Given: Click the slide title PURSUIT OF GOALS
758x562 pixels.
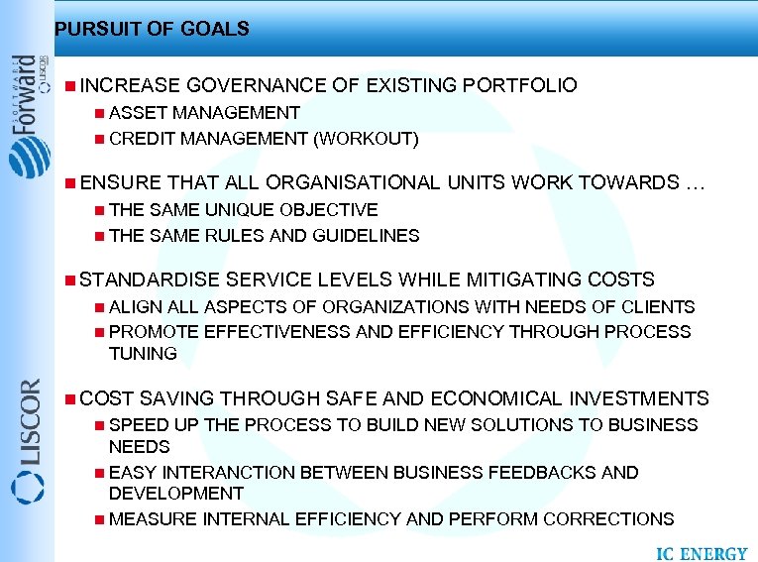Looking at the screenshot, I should point(152,29).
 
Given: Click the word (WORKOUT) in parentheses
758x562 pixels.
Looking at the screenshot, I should point(366,139).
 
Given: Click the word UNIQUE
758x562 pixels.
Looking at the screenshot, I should point(239,210).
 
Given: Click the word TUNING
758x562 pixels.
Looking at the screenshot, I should point(143,354).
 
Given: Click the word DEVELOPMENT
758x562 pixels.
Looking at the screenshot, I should point(176,493).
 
